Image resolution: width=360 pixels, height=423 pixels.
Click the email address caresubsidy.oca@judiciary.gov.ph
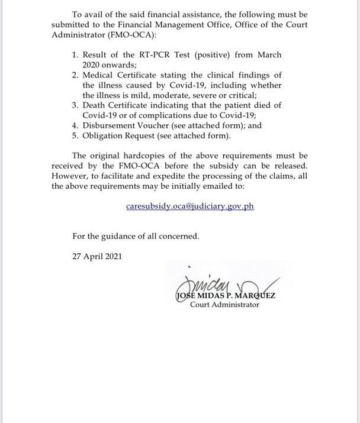pyautogui.click(x=190, y=206)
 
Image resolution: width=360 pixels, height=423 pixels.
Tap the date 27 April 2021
pyautogui.click(x=95, y=257)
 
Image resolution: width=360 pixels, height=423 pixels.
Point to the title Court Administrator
pyautogui.click(x=224, y=305)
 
